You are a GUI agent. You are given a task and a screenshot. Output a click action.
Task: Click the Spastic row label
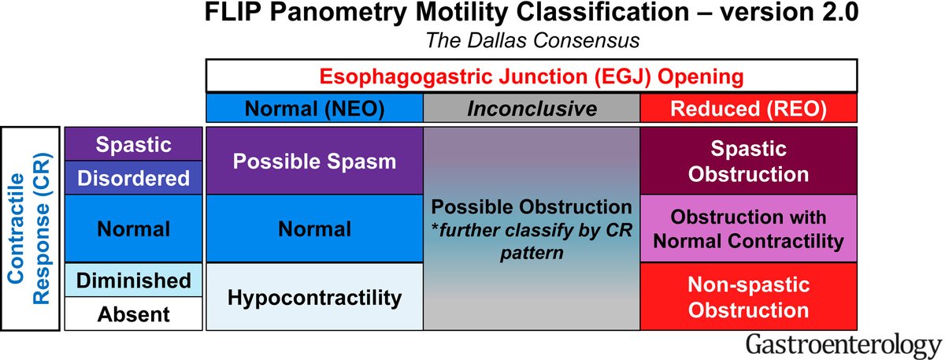134,144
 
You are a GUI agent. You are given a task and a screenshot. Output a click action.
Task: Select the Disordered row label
134,178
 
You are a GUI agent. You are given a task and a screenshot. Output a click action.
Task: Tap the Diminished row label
134,280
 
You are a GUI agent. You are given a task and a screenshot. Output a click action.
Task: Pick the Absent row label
134,314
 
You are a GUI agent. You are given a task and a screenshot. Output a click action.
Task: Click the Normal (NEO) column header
314,109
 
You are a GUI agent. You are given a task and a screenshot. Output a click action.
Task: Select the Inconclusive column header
532,109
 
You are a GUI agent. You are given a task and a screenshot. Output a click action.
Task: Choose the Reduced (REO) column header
748,109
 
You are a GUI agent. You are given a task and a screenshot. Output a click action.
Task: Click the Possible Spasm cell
314,161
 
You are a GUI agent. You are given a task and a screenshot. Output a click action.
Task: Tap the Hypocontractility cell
314,297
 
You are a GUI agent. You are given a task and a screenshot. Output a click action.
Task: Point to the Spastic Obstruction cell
748,161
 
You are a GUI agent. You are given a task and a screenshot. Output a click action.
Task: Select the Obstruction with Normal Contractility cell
748,229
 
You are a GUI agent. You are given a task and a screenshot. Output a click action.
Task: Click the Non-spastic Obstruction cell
748,297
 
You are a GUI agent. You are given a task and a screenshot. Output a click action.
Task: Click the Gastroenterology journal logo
841,345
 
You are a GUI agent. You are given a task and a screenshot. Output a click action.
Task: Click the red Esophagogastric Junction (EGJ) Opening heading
531,76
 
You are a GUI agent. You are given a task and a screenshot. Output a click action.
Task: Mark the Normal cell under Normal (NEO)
314,229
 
